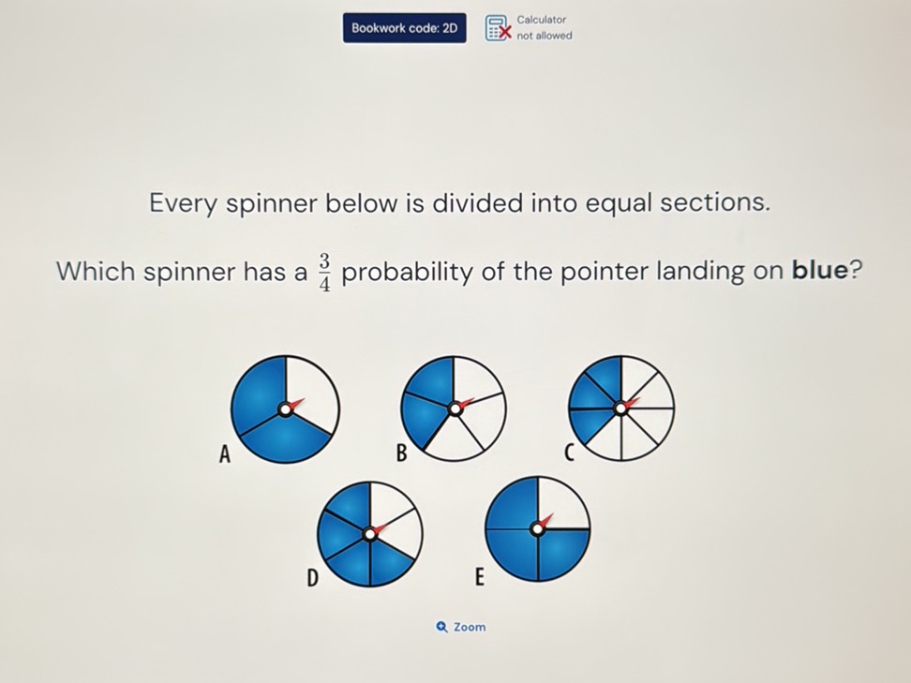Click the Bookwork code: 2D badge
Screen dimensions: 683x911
[404, 28]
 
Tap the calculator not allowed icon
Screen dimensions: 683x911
[499, 29]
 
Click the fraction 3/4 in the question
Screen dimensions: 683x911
[323, 272]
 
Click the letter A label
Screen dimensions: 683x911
[224, 455]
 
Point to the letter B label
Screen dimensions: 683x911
[401, 454]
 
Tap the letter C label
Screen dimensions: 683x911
[569, 454]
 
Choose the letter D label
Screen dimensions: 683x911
[313, 579]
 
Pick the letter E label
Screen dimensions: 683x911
[478, 577]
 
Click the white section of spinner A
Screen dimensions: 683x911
[312, 393]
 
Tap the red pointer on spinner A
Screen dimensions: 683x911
[296, 405]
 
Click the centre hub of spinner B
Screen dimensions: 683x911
[455, 408]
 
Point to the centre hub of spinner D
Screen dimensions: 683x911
[370, 534]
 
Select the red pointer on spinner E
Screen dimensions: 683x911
[546, 521]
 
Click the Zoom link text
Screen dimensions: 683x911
[470, 627]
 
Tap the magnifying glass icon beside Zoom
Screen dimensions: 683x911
[442, 627]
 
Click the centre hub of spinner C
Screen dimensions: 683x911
[620, 408]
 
